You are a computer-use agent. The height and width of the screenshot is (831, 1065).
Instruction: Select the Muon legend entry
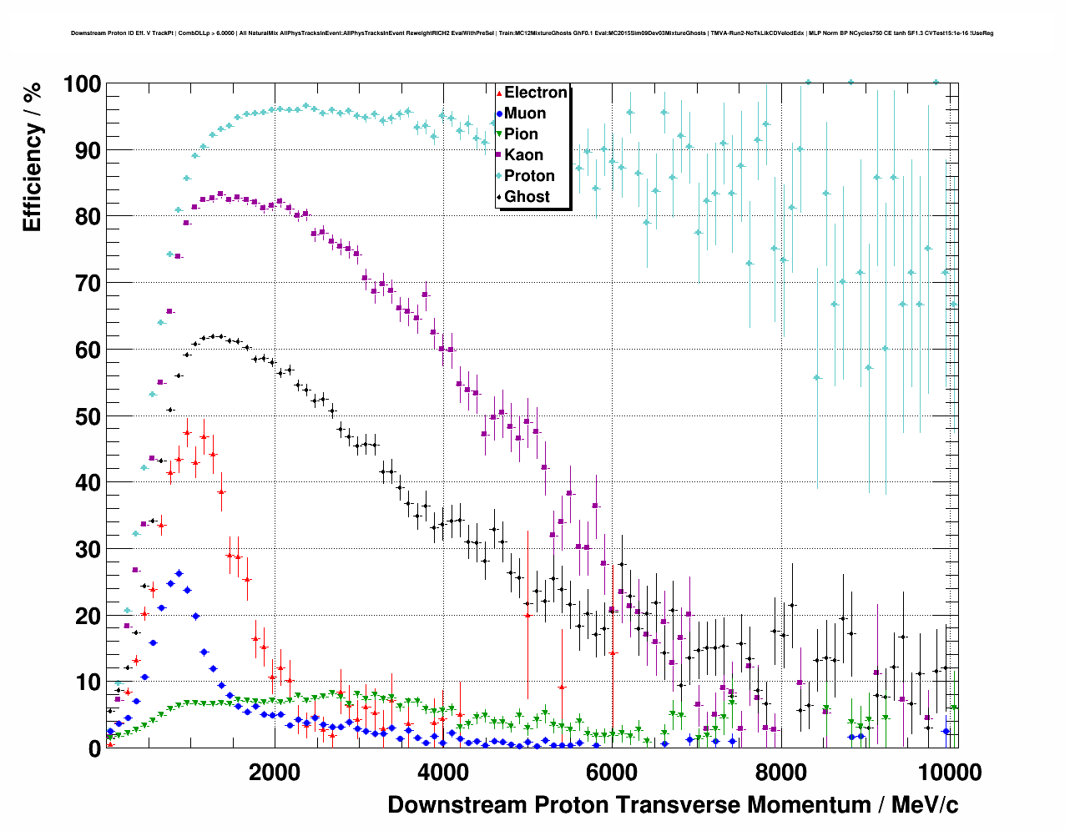525,113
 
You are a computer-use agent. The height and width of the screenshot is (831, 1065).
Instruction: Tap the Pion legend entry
521,134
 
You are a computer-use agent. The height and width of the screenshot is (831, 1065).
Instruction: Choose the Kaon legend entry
523,155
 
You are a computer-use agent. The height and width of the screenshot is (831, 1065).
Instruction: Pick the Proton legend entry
529,176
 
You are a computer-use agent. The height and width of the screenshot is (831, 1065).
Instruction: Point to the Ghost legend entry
527,197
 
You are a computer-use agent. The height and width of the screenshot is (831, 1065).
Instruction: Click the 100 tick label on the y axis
82,84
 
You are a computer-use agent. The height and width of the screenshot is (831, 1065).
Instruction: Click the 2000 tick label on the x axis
274,772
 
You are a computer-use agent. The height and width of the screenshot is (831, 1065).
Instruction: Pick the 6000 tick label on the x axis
611,772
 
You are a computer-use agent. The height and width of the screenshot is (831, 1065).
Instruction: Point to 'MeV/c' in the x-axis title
925,805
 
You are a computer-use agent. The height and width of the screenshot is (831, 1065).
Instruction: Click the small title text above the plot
532,33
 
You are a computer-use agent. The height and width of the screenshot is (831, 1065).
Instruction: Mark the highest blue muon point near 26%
179,573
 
